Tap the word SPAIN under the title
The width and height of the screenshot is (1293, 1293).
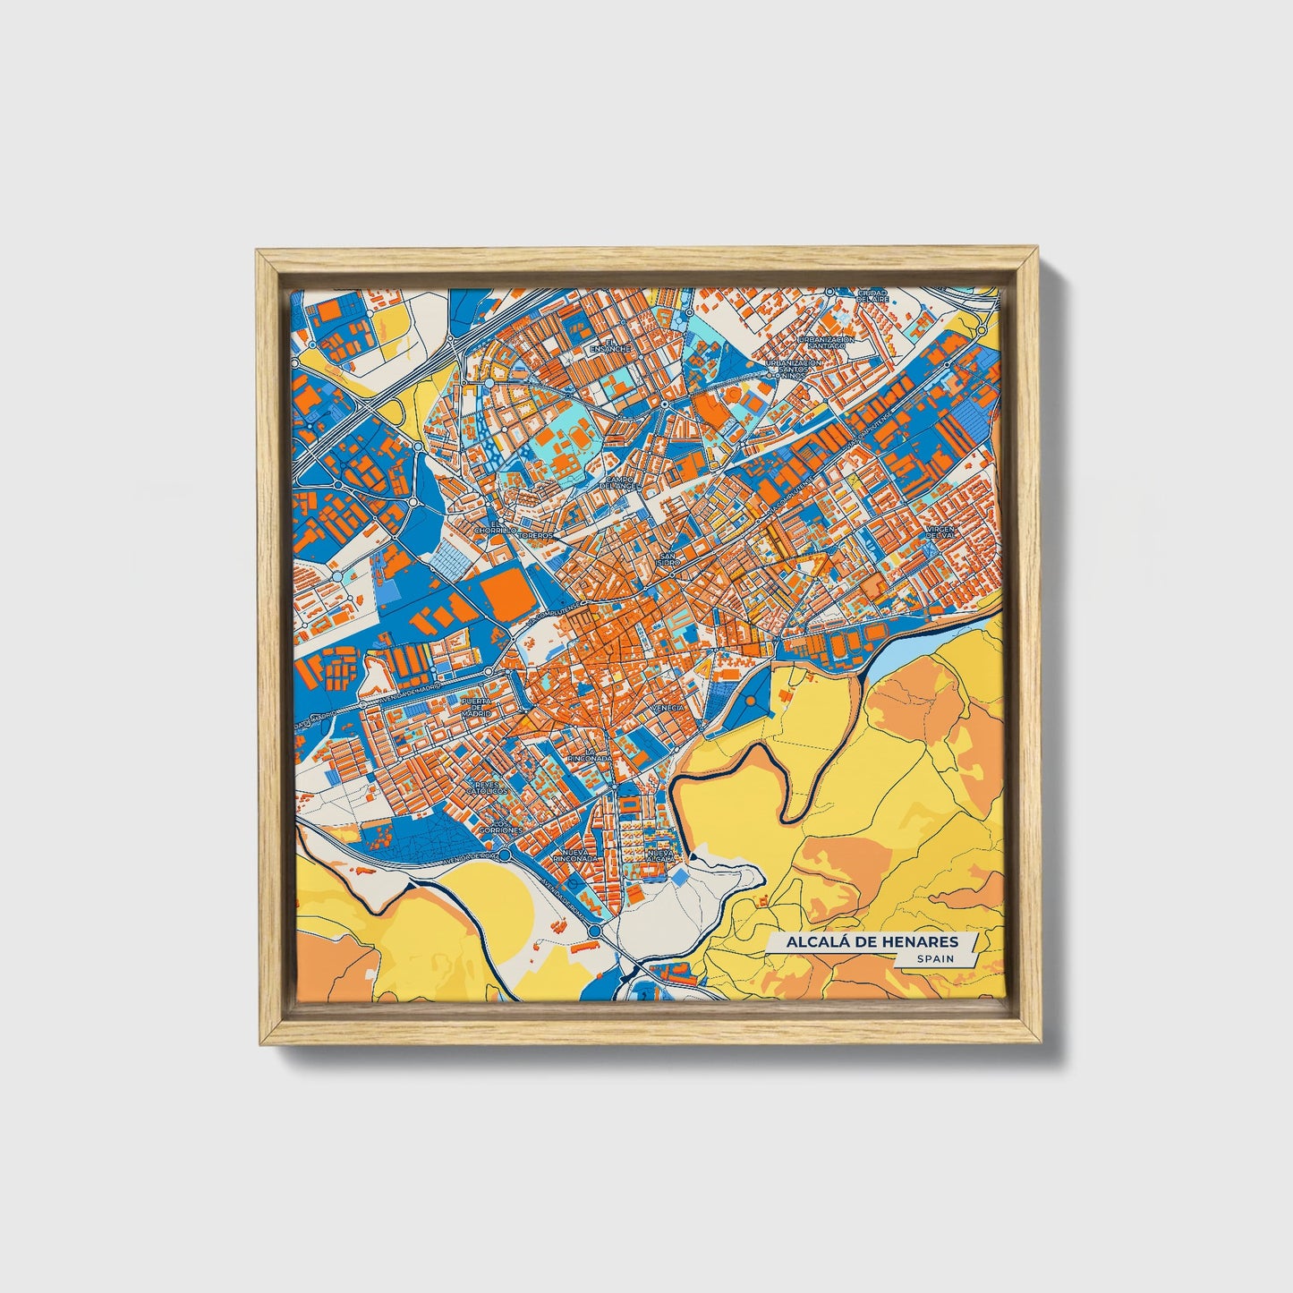click(934, 958)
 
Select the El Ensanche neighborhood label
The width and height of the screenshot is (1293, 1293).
click(617, 345)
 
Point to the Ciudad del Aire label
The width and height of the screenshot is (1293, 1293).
click(871, 295)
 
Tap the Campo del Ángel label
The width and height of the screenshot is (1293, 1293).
click(619, 482)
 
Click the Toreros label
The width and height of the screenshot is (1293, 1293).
click(539, 535)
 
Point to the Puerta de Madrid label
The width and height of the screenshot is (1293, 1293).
click(477, 707)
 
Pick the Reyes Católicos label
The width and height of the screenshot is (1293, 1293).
click(490, 787)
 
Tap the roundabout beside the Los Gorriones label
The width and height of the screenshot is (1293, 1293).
click(506, 855)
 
